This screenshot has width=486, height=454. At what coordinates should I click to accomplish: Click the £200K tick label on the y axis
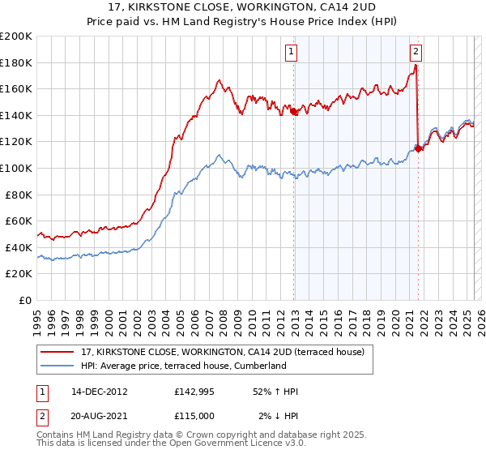pyautogui.click(x=16, y=36)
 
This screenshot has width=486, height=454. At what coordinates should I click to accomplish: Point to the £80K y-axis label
pyautogui.click(x=19, y=195)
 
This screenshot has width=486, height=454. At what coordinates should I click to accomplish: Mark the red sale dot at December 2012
pyautogui.click(x=294, y=112)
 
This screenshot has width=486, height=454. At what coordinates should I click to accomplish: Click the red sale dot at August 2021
pyautogui.click(x=418, y=148)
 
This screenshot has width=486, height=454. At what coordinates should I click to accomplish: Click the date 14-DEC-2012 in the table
pyautogui.click(x=100, y=392)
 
